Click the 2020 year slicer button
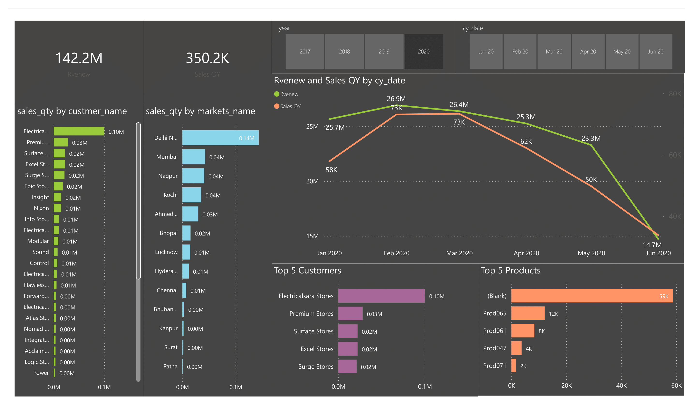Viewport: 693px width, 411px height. tap(423, 51)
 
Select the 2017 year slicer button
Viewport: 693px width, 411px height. tap(305, 51)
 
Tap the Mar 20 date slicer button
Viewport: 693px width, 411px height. tap(554, 51)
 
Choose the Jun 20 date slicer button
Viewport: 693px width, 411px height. tap(655, 51)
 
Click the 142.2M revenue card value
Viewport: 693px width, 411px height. tap(79, 58)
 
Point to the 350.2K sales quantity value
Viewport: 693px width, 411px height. tap(207, 58)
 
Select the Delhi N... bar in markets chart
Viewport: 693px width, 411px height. tap(220, 138)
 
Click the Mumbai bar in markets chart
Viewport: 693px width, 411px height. tap(194, 157)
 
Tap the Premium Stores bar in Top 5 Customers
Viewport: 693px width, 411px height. tap(350, 314)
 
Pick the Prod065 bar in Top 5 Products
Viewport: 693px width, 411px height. tap(528, 313)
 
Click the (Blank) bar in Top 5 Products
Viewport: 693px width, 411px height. tap(592, 296)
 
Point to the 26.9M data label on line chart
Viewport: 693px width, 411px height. tap(396, 99)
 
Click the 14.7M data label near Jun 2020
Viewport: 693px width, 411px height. tap(652, 245)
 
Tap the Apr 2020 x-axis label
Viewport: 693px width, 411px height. tap(526, 253)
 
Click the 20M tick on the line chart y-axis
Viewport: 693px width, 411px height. tap(312, 181)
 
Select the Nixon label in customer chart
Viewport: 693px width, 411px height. tap(41, 208)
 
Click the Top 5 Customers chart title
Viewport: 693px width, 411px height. tap(307, 270)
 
